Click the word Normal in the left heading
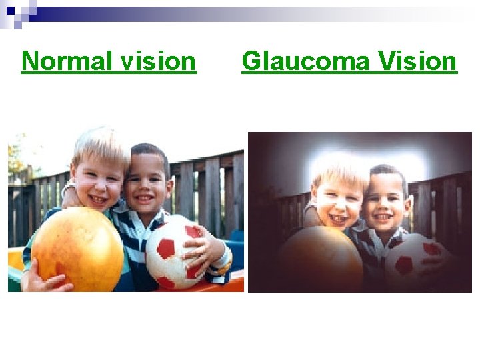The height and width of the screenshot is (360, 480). pos(67,61)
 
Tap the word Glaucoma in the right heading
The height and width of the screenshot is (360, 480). pos(306,61)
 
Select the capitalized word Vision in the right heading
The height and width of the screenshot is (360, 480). pos(417,61)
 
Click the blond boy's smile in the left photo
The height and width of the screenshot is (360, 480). pos(98,198)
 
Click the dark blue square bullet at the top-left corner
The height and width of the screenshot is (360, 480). pos(11,11)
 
